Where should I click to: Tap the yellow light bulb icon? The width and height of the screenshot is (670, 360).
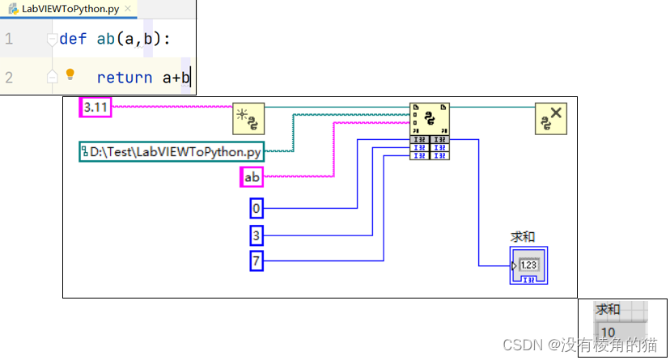70,74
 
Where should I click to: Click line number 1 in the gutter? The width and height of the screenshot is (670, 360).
9,39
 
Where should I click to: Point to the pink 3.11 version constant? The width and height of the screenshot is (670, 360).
95,107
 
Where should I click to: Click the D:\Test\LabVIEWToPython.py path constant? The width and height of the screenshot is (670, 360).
171,151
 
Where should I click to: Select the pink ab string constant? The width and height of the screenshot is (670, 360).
252,176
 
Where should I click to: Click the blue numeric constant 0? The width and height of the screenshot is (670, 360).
257,209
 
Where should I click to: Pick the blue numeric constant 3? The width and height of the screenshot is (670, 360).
257,235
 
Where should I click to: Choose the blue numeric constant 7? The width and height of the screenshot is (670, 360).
257,261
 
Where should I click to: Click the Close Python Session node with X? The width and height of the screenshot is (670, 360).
551,119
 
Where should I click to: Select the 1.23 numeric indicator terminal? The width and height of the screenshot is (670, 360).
529,266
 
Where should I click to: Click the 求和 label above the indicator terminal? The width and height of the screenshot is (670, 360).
523,237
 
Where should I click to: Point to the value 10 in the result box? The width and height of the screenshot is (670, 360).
609,332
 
